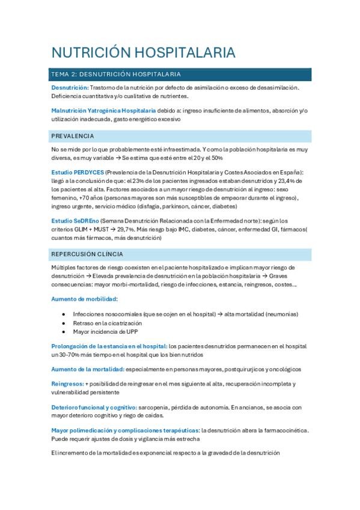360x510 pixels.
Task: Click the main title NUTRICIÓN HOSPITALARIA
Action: (143, 52)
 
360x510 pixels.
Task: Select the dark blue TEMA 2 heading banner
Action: (180, 75)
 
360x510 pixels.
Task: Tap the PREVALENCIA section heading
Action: (73, 136)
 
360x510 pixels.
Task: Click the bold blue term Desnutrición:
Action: (70, 87)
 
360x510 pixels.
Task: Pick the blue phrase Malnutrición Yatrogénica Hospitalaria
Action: (103, 111)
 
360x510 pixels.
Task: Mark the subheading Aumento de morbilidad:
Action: (85, 299)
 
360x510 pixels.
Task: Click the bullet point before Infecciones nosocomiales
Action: (64, 314)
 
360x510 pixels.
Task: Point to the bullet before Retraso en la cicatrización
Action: (64, 323)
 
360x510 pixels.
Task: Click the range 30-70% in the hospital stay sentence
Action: (70, 355)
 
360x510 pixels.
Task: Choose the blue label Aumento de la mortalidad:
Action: (88, 369)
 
